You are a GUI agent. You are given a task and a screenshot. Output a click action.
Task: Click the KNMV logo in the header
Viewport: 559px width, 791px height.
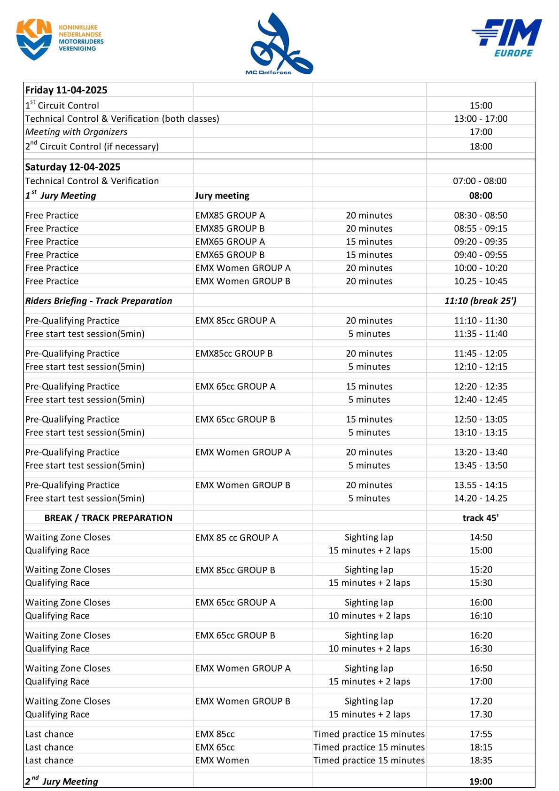59,39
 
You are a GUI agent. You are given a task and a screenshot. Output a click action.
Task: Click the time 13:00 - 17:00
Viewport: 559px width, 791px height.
481,119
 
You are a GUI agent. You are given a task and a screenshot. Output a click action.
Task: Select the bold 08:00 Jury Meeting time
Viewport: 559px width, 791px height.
481,196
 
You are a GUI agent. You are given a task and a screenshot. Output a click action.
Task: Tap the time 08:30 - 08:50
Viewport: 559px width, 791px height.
481,216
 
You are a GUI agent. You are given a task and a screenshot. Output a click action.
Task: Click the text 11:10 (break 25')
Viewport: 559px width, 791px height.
480,301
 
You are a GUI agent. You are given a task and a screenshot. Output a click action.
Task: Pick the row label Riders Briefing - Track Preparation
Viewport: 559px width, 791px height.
99,301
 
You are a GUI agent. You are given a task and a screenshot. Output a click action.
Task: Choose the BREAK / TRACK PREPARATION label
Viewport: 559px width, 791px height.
109,518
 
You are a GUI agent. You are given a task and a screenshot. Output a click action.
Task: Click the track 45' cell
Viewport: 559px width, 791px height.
481,518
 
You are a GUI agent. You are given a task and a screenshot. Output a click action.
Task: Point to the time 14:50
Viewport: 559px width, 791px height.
481,537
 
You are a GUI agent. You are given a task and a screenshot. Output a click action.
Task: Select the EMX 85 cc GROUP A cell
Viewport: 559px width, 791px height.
236,538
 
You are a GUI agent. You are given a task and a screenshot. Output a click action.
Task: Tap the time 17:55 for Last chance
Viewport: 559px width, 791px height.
481,734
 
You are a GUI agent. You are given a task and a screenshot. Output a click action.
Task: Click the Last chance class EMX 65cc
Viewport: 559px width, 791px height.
215,747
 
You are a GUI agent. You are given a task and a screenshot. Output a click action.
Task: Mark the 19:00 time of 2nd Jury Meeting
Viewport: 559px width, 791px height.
481,782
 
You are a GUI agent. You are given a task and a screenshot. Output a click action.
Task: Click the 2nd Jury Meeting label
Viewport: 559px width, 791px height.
62,782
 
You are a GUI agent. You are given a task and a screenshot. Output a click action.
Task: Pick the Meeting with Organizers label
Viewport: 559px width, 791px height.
76,132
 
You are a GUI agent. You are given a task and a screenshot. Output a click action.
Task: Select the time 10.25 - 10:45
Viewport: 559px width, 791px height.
481,282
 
